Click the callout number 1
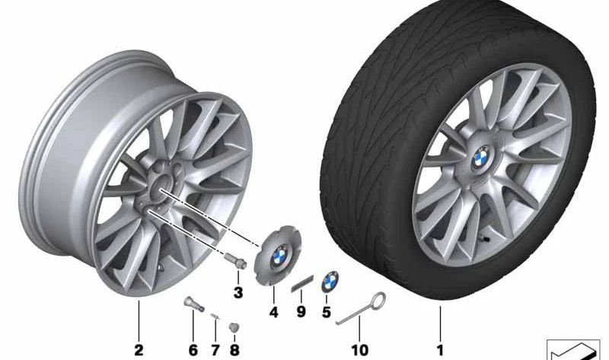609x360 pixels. coord(440,350)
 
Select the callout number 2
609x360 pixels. coord(139,350)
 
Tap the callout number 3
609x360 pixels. coord(238,292)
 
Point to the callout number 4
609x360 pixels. coord(274,312)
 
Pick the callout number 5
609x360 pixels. coord(327,312)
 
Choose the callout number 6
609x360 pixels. coord(193,350)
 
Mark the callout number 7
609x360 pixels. coord(215,350)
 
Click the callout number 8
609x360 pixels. coord(234,350)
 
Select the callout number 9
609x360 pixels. coord(301,312)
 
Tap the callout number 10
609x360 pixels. coord(359,350)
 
